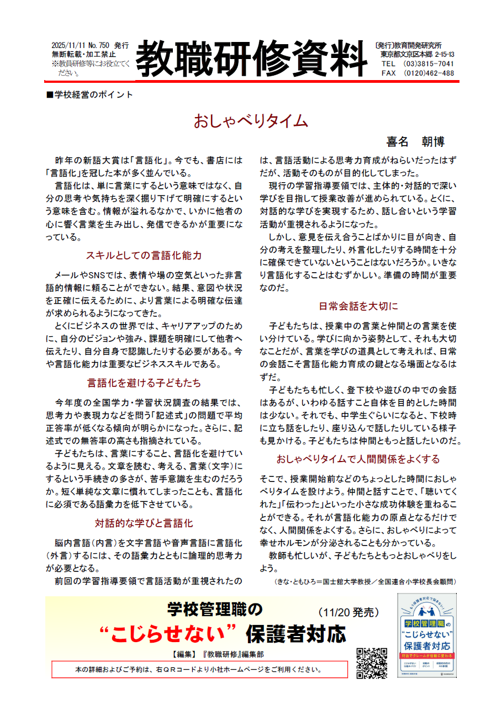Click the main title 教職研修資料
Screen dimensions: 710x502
point(251,59)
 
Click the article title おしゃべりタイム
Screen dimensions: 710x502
point(250,121)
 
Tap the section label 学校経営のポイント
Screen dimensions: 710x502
point(91,94)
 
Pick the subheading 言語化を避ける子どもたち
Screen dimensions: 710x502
point(144,383)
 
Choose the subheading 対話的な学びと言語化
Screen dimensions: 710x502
point(144,523)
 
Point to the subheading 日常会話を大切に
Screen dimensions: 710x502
point(358,306)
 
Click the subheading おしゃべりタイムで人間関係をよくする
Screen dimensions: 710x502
point(358,459)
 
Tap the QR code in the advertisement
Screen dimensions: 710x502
point(372,662)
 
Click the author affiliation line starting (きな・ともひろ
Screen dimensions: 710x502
point(365,582)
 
